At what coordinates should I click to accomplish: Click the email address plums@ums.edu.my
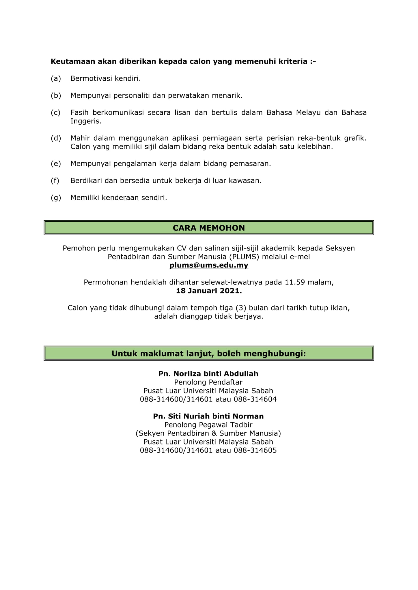(x=209, y=265)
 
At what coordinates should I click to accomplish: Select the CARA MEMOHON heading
(x=209, y=228)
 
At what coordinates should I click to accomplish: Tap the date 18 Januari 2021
(x=209, y=291)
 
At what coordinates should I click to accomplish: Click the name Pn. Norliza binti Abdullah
(x=208, y=374)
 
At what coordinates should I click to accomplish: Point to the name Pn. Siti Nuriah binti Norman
(x=208, y=416)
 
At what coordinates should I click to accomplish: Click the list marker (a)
(x=56, y=78)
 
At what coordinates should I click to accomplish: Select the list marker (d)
(x=56, y=138)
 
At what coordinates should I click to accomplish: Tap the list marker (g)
(x=56, y=198)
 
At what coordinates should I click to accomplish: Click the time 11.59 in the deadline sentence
(x=295, y=282)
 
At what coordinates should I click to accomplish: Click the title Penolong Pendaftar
(x=208, y=382)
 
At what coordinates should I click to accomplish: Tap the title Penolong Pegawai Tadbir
(x=208, y=425)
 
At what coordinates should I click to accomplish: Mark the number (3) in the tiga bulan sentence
(x=241, y=308)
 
